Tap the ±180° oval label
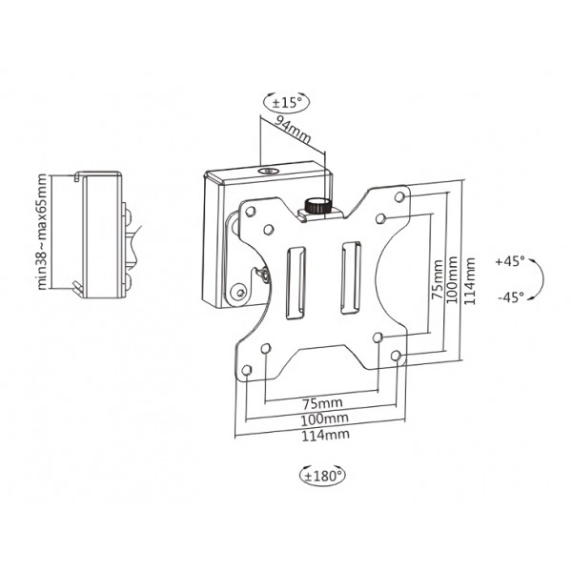tap(322, 473)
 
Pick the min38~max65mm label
tap(42, 232)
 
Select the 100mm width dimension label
tap(321, 419)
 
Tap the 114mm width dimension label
tap(321, 436)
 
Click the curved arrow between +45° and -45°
tap(540, 278)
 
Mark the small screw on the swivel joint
tap(262, 276)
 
